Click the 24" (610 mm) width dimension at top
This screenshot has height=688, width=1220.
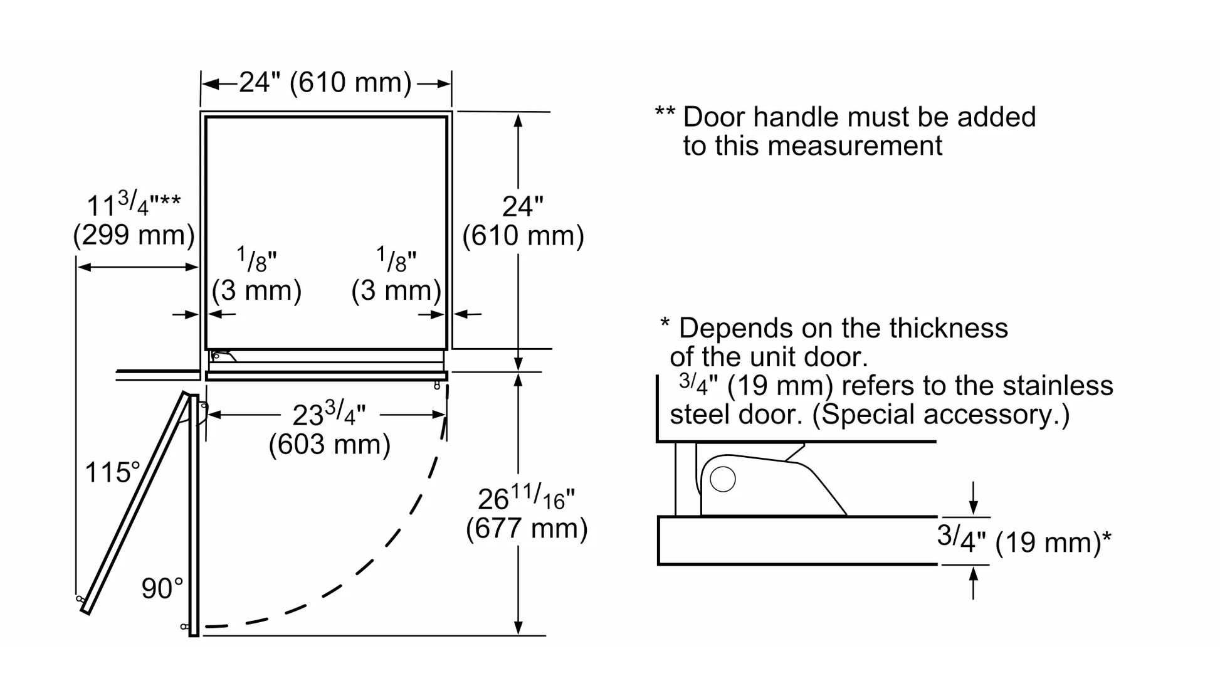pyautogui.click(x=325, y=83)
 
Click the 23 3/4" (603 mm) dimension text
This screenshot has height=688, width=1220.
pyautogui.click(x=329, y=430)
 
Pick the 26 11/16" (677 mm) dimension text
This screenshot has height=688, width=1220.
pyautogui.click(x=526, y=514)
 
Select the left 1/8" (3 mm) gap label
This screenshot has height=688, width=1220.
pyautogui.click(x=256, y=276)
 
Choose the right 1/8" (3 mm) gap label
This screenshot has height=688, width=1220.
pyautogui.click(x=396, y=276)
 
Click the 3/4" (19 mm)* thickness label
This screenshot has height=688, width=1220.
pyautogui.click(x=1023, y=540)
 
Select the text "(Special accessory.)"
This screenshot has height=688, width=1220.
pyautogui.click(x=940, y=415)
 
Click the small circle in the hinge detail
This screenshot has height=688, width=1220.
pyautogui.click(x=723, y=480)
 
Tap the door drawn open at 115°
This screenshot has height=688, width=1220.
pyautogui.click(x=135, y=502)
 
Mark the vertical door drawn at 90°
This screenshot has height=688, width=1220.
pyautogui.click(x=194, y=514)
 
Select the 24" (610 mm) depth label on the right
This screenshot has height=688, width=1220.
pyautogui.click(x=523, y=221)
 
